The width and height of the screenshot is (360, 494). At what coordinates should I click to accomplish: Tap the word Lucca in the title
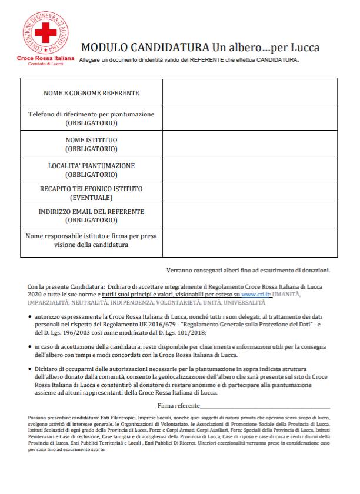coord(304,47)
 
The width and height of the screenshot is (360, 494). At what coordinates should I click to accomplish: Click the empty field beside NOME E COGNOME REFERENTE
coord(250,94)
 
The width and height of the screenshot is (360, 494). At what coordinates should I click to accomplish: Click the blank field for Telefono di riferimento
coord(250,118)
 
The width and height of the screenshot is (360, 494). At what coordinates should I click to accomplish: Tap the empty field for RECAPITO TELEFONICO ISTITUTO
coord(250,193)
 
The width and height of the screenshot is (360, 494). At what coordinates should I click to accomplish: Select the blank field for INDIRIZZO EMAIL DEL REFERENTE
coord(250,216)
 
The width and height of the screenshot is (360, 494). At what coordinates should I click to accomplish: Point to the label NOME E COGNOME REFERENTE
coord(91,94)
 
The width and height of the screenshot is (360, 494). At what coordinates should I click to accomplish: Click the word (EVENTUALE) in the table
coord(91,198)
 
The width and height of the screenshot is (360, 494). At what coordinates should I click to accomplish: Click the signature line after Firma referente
coord(265,406)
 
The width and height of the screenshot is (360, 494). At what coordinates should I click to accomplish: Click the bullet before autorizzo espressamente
coord(30,316)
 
